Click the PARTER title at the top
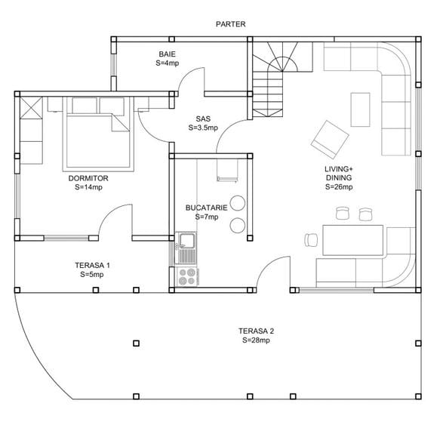(230, 24)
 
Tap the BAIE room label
(168, 54)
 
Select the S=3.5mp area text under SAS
(203, 128)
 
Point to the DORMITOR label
(88, 178)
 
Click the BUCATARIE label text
(206, 208)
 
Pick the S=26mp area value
(339, 186)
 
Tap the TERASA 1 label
(92, 265)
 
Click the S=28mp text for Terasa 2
(256, 340)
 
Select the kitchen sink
(186, 248)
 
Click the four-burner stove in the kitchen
(187, 277)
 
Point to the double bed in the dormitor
(98, 134)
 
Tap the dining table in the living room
(352, 240)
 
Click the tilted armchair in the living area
(330, 140)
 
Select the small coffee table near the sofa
(360, 109)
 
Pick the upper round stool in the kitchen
(238, 203)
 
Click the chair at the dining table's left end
(311, 240)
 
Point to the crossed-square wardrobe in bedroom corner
(32, 107)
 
